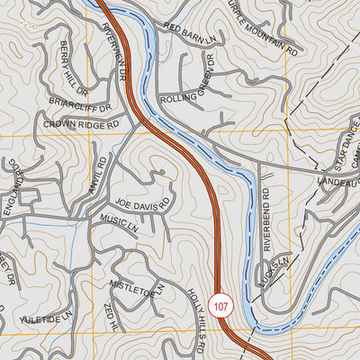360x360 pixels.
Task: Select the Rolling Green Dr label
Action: [188, 85]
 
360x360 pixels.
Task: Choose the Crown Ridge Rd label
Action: [80, 125]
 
